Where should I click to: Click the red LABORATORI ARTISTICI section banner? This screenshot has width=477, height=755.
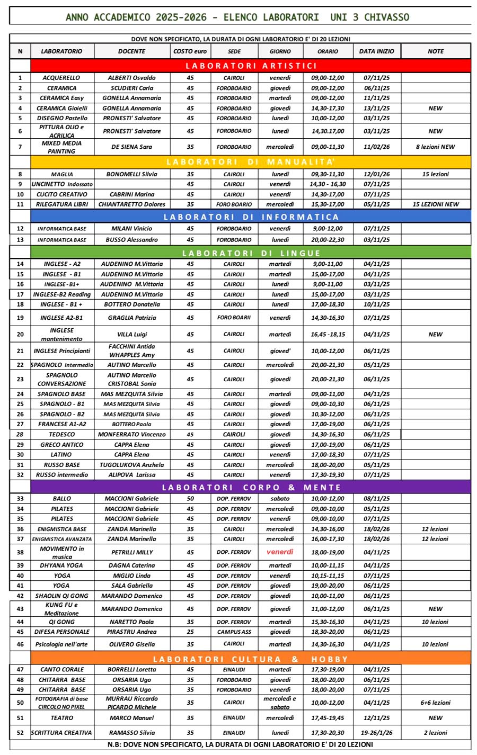tap(251, 66)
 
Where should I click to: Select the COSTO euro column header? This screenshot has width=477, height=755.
tap(190, 51)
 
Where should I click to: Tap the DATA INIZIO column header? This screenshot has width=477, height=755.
tap(376, 51)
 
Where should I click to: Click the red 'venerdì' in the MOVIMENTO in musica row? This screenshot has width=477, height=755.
tap(280, 552)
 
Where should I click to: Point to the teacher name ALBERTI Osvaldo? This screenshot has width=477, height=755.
tap(131, 78)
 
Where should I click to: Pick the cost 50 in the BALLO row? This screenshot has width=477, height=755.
tap(190, 499)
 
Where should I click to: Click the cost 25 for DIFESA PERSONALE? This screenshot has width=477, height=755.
tap(190, 632)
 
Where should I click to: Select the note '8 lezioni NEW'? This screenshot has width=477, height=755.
tap(435, 147)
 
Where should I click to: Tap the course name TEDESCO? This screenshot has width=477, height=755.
tap(62, 435)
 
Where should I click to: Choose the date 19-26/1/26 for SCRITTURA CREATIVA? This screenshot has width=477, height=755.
tap(376, 733)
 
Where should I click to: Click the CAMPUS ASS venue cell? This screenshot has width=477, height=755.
tap(234, 632)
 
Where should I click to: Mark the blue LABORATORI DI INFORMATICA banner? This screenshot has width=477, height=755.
tap(251, 217)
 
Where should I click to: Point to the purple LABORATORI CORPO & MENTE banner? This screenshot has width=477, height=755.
tap(251, 487)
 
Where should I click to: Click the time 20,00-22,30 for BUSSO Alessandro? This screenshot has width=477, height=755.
tap(328, 240)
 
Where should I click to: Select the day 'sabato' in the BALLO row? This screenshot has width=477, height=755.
tap(280, 499)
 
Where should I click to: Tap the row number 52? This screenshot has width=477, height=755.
tap(20, 733)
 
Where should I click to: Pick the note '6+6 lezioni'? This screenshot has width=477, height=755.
tap(435, 703)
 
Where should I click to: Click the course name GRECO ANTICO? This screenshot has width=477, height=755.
tap(62, 445)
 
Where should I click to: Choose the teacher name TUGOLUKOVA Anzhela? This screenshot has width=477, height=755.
tap(131, 465)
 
